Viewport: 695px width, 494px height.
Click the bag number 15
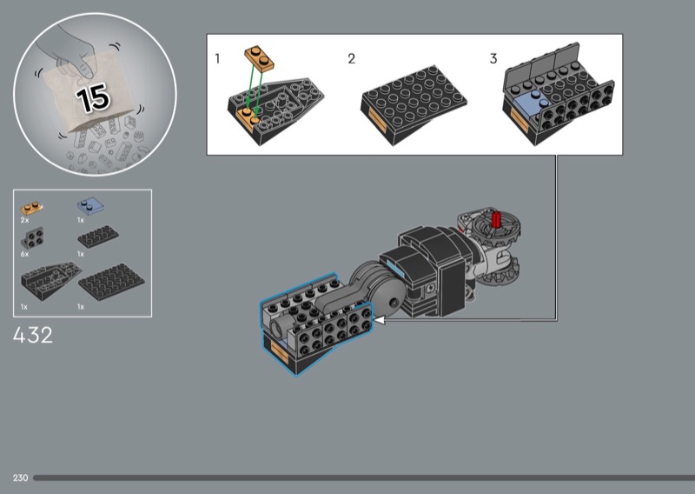coord(93,97)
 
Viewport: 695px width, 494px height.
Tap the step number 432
coord(33,336)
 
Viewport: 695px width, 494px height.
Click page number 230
coord(20,477)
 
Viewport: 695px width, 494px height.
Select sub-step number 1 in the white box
coord(217,58)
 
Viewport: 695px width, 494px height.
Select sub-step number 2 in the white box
coord(352,58)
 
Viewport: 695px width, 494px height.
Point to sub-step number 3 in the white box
coord(493,58)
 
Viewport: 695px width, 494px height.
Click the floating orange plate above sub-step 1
coord(259,58)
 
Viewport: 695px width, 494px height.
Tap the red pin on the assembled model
coord(496,219)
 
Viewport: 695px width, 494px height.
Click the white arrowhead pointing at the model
coord(379,319)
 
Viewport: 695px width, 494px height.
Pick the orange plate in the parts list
coord(32,207)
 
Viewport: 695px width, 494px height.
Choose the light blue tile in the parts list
coord(90,206)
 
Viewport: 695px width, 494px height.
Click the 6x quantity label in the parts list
coord(24,254)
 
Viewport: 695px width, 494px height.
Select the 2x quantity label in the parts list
coord(24,220)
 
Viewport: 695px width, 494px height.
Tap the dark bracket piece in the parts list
coord(32,238)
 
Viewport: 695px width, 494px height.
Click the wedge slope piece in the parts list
coord(50,280)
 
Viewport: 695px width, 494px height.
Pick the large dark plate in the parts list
coord(111,282)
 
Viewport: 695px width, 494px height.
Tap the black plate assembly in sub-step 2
coord(414,104)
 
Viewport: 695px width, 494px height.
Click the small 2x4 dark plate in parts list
coord(98,237)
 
